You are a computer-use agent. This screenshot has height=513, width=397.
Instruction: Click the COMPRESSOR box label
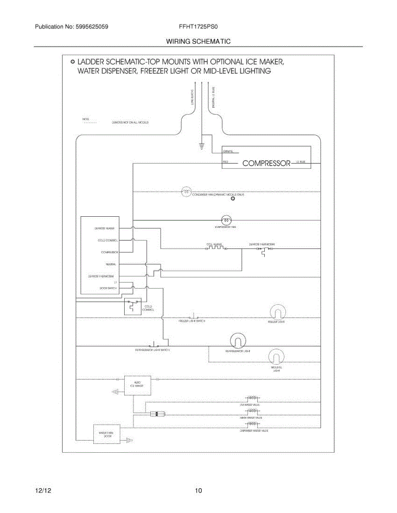point(266,163)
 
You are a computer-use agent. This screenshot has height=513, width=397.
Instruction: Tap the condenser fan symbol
point(186,192)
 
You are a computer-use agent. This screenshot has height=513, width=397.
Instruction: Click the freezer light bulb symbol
point(276,312)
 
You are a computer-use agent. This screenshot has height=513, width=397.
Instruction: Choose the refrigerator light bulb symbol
point(237,340)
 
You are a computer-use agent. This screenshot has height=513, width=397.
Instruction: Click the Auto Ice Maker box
point(137,384)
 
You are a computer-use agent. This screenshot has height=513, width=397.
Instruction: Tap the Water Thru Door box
point(106,434)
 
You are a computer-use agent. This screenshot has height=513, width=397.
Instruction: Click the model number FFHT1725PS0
point(199,27)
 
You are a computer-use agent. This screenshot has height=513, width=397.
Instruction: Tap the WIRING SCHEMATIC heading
point(198,41)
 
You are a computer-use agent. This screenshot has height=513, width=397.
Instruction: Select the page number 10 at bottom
point(198,491)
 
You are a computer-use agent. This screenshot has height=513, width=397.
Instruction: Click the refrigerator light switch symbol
point(154,345)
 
